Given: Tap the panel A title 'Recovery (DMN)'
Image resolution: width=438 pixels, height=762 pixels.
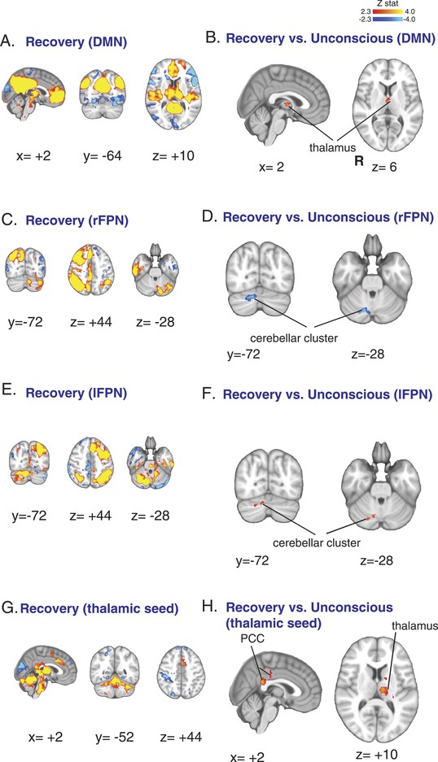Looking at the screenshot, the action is [77, 41].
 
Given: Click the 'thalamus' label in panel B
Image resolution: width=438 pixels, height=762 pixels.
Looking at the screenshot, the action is [331, 146].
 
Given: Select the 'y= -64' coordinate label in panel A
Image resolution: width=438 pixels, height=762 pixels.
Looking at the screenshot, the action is [103, 156].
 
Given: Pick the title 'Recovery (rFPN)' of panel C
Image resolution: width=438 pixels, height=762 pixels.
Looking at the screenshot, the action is [77, 220].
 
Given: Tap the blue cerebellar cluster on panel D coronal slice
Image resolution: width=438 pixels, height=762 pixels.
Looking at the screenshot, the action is [251, 296].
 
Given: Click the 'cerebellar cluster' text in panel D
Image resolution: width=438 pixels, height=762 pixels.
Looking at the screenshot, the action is [294, 337].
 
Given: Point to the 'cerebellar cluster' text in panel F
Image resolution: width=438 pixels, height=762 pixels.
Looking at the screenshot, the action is [317, 542].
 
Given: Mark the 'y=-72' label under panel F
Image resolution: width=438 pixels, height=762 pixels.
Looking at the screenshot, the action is [252, 561].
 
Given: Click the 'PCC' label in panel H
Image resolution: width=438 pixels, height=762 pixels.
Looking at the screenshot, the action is [252, 638].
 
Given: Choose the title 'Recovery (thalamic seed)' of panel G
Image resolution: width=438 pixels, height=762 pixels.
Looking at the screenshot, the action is [99, 608].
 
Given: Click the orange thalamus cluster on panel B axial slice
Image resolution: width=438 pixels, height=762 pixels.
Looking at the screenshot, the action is [388, 100].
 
